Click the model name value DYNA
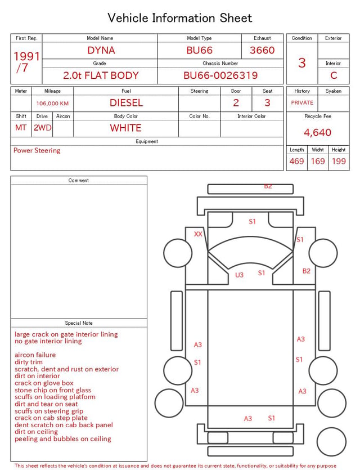[101, 50]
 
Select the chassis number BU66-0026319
[220, 75]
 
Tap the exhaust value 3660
[262, 50]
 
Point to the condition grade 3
[302, 63]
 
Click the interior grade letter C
[334, 75]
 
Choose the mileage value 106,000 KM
[52, 104]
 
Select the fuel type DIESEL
[126, 103]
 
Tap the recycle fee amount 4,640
[317, 132]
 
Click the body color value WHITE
[125, 128]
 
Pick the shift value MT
[21, 128]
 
